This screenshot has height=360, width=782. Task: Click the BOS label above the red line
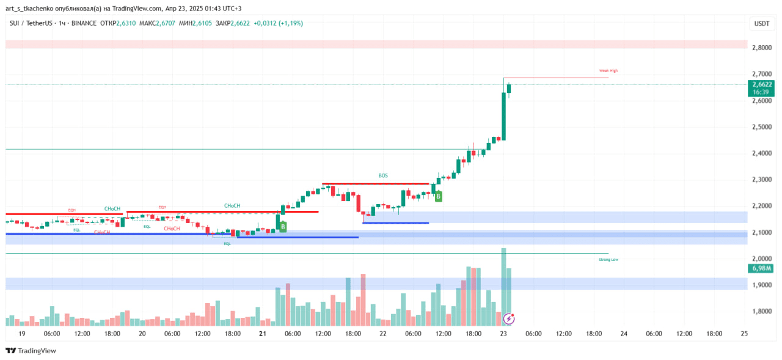coord(383,175)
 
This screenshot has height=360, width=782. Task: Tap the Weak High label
coord(608,71)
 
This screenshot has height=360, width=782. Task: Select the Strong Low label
coord(608,260)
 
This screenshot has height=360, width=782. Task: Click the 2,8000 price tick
coord(761,48)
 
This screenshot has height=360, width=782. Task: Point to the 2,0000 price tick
coord(761,259)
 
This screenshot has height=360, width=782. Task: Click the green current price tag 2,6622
coord(762,84)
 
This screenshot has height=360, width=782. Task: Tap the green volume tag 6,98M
coord(761,268)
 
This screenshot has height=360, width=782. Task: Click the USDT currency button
coord(761,23)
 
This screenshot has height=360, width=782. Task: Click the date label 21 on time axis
coord(262,334)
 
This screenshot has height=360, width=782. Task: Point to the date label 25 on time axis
coord(744,334)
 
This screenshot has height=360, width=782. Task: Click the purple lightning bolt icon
coord(509,318)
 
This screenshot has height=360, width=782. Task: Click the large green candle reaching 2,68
coord(503,110)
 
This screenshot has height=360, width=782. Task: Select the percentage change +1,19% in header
coord(291,23)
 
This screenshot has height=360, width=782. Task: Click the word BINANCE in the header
coord(84,23)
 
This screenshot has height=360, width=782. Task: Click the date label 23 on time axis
coord(503,334)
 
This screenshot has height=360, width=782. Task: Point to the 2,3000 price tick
coord(761,180)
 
